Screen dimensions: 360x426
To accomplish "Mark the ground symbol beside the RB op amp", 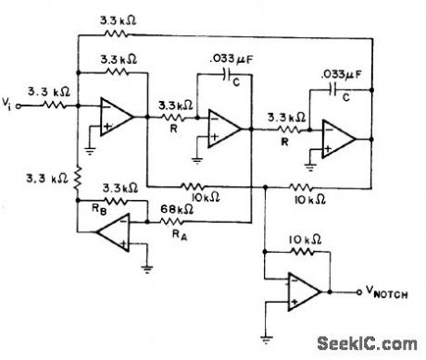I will [x=148, y=269].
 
